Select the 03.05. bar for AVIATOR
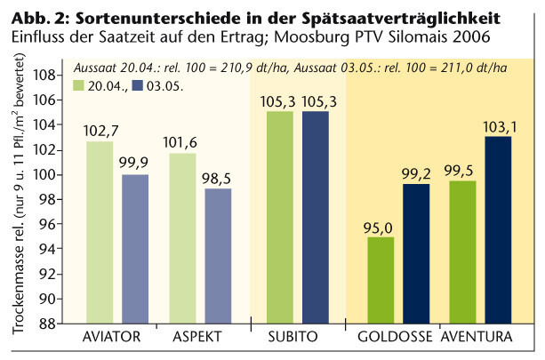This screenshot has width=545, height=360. coord(135,250)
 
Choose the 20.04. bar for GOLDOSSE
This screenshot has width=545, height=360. coord(380,281)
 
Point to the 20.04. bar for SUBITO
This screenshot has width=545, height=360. coord(280,218)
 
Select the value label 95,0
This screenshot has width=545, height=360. coord(379,228)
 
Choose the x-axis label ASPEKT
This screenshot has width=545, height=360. coord(194,339)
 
